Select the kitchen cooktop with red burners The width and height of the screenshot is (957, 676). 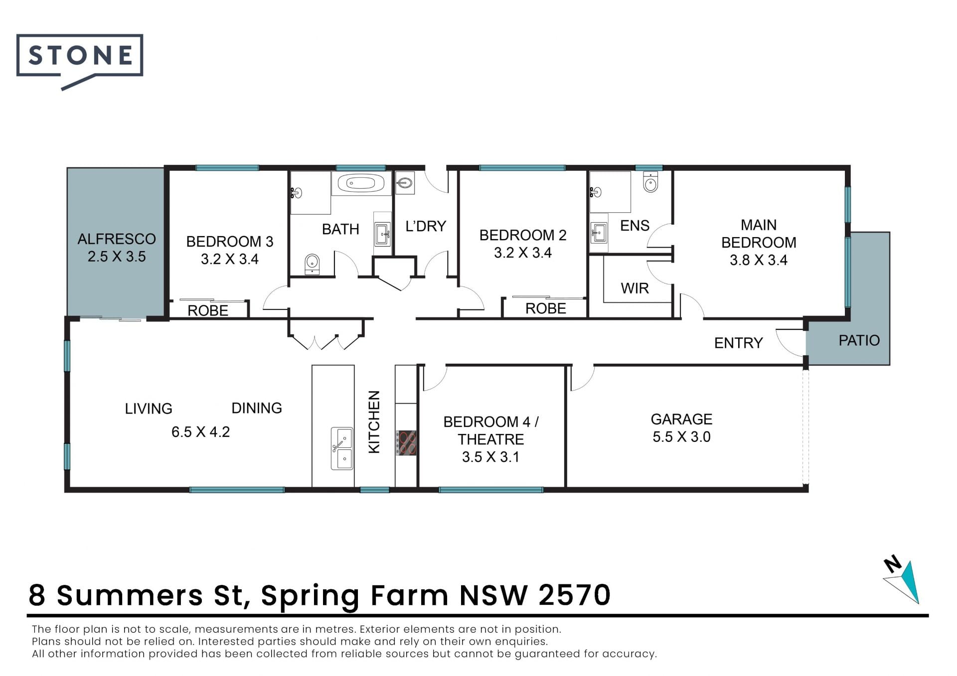(x=406, y=443)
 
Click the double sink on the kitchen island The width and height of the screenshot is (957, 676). (x=342, y=448)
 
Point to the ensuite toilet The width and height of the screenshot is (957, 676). (x=651, y=182)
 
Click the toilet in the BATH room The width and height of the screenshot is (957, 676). (x=312, y=264)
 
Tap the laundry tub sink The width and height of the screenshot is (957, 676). (x=404, y=183)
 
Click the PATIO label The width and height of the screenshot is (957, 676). (x=859, y=341)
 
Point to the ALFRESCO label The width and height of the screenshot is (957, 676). (x=117, y=239)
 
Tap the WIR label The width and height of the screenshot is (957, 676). (x=635, y=288)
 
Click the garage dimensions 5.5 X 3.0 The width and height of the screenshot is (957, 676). (x=681, y=437)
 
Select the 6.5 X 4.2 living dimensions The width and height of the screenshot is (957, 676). (x=201, y=432)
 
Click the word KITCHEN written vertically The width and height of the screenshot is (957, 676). (x=374, y=422)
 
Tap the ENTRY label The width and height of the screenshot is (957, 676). (x=738, y=343)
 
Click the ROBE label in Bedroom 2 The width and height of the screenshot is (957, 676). (x=545, y=309)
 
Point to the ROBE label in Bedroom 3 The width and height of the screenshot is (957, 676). (x=208, y=311)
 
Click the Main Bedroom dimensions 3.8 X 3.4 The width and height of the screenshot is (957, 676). (x=759, y=260)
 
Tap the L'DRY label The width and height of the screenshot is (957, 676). (x=426, y=227)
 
